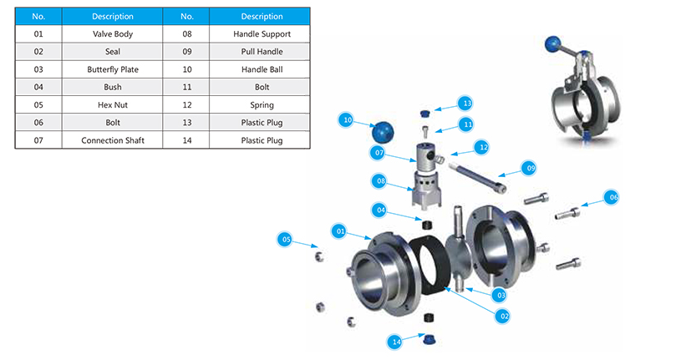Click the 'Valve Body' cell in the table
coord(112,34)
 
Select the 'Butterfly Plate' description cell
coord(112,69)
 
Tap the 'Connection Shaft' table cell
coord(112,140)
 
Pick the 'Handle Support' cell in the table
coord(262,34)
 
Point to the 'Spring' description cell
coord(262,105)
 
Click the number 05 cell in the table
coord(38,105)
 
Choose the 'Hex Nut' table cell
coord(112,105)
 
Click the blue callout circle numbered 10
coord(347,120)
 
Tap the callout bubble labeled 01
coord(340,230)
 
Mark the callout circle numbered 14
coord(396,342)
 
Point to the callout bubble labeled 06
coord(613,197)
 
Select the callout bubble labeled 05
coord(287,241)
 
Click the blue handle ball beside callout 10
coord(384,132)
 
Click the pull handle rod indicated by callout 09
coord(476,178)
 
